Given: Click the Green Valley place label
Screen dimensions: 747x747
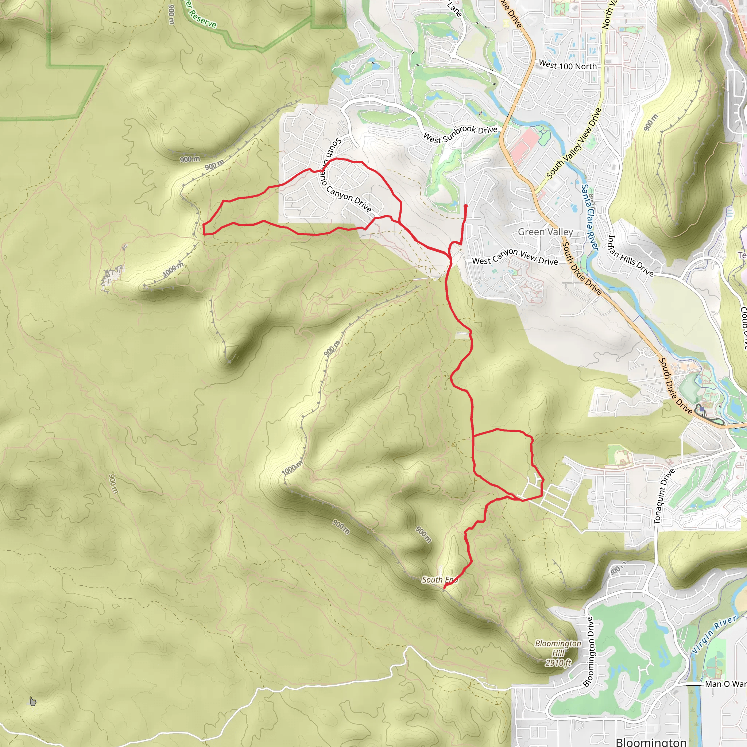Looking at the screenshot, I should click(x=545, y=232).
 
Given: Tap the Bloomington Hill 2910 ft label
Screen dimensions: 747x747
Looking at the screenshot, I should click(x=558, y=653).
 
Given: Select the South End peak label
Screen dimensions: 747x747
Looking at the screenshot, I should click(x=440, y=580).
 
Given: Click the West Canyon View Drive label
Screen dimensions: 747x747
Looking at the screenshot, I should click(x=515, y=257).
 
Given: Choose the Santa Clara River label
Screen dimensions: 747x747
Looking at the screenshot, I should click(x=589, y=217).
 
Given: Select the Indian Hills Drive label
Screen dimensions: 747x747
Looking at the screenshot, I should click(x=630, y=256).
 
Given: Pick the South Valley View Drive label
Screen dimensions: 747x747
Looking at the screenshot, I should click(x=574, y=143).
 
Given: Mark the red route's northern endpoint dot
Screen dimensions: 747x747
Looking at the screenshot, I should click(x=465, y=206).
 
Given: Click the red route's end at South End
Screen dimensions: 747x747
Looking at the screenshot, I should click(x=444, y=588).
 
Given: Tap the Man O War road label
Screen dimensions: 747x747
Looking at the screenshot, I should click(x=725, y=684).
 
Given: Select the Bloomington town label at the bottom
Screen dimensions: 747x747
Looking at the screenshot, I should click(x=651, y=742).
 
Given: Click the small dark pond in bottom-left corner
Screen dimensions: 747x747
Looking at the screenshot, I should click(x=33, y=701).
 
